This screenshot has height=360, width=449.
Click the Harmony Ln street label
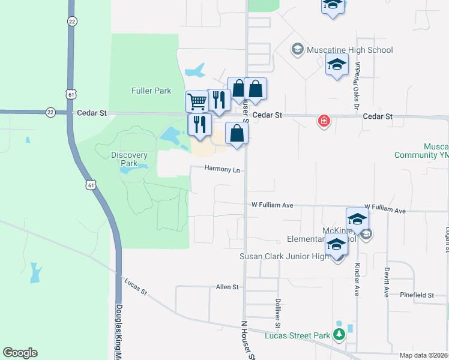(222, 169)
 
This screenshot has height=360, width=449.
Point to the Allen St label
(228, 287)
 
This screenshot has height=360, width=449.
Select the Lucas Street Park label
(298, 335)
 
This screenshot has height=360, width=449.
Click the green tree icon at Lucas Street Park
(339, 334)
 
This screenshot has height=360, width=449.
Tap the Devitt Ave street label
(387, 282)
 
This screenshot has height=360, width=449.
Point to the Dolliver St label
(278, 313)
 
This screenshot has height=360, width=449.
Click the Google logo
(20, 353)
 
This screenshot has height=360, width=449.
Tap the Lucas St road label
(136, 287)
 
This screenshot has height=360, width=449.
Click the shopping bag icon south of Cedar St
(237, 133)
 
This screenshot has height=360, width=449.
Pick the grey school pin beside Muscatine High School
(297, 49)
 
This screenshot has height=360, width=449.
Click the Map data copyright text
(424, 355)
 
